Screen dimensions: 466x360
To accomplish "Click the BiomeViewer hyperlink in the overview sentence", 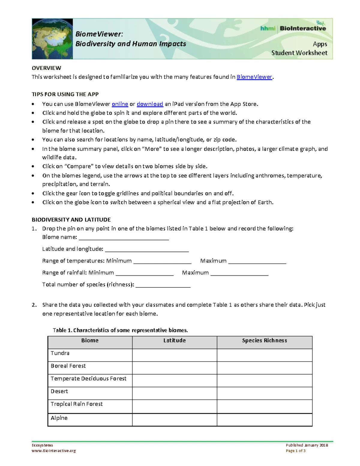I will click(x=254, y=77).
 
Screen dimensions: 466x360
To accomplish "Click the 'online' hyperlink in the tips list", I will click(x=120, y=104).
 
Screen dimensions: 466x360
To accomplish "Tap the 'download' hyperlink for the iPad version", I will click(x=150, y=104).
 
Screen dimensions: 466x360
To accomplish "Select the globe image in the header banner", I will click(x=52, y=39).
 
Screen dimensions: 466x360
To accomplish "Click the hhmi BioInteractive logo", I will click(x=293, y=28).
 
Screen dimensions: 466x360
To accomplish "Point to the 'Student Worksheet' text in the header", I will click(x=299, y=53).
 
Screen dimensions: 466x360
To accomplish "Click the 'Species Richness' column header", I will click(x=264, y=341).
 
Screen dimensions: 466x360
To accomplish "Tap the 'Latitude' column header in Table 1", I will click(x=174, y=341).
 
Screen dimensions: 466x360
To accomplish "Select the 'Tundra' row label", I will click(x=60, y=353).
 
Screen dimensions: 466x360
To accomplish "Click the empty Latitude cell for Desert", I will click(x=174, y=393).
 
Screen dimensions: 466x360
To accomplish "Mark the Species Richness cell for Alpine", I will click(x=264, y=419).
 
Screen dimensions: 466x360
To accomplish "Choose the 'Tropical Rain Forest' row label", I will click(x=76, y=404).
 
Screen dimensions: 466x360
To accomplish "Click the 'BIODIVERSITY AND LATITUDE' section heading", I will click(x=71, y=220).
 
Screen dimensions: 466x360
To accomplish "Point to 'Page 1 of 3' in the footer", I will click(x=295, y=451).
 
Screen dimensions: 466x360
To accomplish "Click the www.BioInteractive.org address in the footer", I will click(x=54, y=451).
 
